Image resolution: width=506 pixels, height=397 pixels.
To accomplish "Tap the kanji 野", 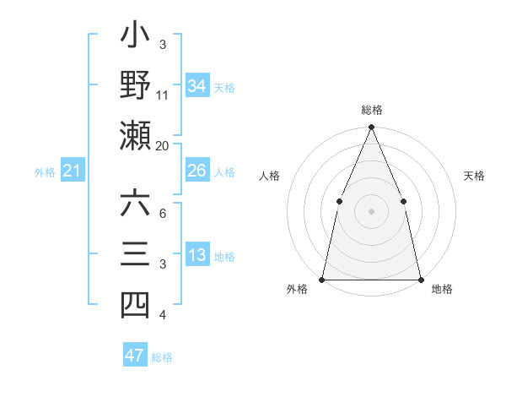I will (x=135, y=84).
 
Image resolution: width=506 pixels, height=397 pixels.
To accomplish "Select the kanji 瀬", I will (x=135, y=133).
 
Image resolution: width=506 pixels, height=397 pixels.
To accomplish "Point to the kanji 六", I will (x=135, y=205).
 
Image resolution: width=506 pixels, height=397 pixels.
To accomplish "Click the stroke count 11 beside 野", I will (x=163, y=95).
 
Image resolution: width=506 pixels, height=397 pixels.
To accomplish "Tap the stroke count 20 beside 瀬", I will (x=163, y=145).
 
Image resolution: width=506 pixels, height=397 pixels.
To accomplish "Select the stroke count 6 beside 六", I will (x=163, y=214).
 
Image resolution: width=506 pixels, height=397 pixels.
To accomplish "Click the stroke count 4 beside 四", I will (x=163, y=315).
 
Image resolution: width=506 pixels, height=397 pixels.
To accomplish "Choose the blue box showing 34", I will (x=197, y=86).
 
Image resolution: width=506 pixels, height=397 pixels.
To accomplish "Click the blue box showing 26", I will (x=197, y=171).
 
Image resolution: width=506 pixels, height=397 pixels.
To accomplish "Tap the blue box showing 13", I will (x=197, y=256).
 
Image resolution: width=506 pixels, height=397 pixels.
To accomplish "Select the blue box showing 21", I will (x=73, y=171).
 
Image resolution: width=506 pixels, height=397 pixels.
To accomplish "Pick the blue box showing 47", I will (x=135, y=356).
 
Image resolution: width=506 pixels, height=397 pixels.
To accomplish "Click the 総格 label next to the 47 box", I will (x=162, y=357).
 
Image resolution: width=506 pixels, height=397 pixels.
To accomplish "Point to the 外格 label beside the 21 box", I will (x=45, y=172).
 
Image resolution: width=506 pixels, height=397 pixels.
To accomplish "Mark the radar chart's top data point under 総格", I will (x=371, y=128).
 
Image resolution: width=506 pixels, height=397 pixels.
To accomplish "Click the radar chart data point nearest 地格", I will (x=420, y=279).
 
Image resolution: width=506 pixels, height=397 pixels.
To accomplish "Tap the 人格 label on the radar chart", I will (x=270, y=177).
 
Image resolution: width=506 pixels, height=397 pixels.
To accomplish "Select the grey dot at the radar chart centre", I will (x=371, y=211).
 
